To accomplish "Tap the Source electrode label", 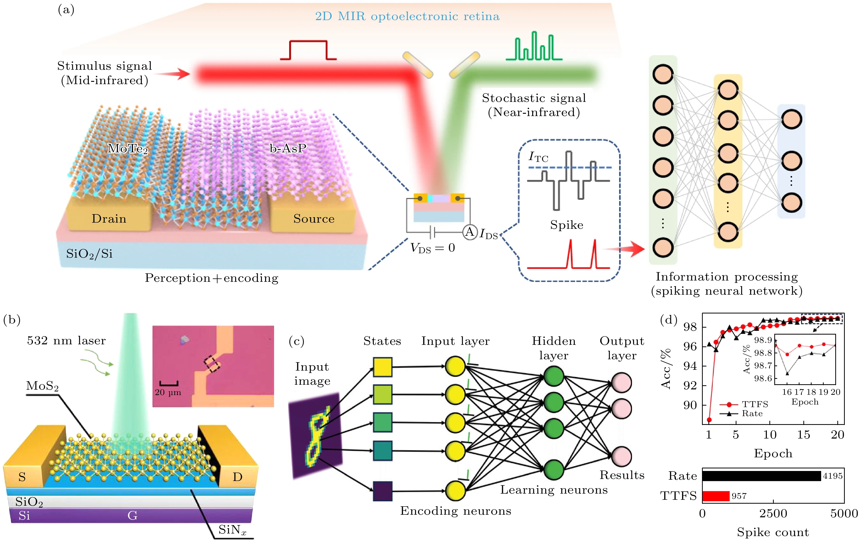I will pyautogui.click(x=314, y=218).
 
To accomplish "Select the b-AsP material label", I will pyautogui.click(x=287, y=148).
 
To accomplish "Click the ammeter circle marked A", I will pyautogui.click(x=469, y=232).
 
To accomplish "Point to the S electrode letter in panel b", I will pyautogui.click(x=22, y=477).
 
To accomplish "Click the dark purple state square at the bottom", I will pyautogui.click(x=383, y=491).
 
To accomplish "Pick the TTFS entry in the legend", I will pyautogui.click(x=754, y=404).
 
